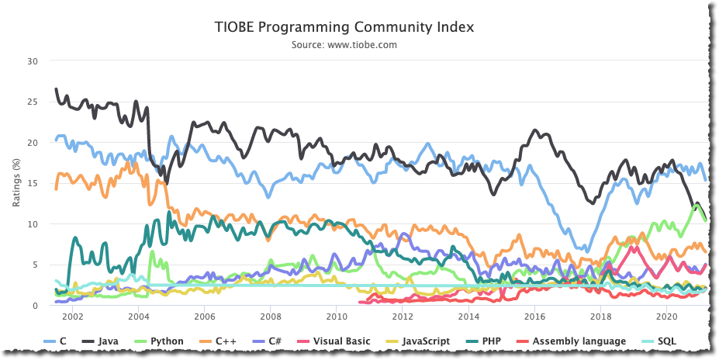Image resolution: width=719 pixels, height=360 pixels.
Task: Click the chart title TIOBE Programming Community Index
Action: click(x=344, y=27)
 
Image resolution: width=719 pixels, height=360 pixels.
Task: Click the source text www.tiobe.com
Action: click(x=344, y=45)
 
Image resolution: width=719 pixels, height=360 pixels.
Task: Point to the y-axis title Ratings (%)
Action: click(x=16, y=182)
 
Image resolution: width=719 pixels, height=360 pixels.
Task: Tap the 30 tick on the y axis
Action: click(x=32, y=61)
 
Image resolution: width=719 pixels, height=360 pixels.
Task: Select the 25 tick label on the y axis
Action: click(x=32, y=102)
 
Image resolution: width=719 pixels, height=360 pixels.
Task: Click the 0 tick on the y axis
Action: click(x=35, y=306)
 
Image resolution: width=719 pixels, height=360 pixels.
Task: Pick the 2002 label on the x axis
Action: click(x=72, y=317)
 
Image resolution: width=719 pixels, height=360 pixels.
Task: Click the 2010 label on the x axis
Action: click(x=337, y=317)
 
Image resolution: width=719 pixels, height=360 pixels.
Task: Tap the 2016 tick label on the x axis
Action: click(x=534, y=317)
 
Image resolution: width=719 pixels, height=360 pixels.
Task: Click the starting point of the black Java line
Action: click(x=56, y=89)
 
